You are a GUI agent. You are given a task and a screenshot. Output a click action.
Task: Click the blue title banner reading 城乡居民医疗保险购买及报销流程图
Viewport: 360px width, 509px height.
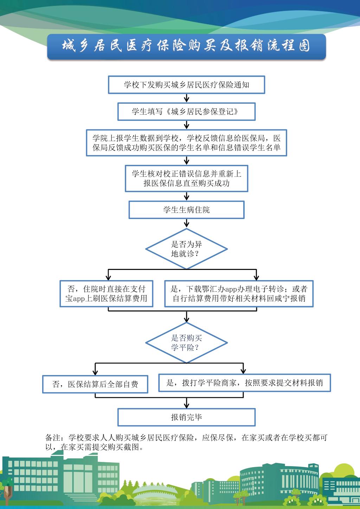[x=186, y=47]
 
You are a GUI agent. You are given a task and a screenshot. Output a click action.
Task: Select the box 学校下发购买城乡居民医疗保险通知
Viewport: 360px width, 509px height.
[x=186, y=85]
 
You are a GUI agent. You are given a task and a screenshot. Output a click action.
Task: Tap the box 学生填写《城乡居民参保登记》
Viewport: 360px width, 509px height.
[x=186, y=111]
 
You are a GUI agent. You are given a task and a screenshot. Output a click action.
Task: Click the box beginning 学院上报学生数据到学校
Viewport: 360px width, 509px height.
[x=186, y=143]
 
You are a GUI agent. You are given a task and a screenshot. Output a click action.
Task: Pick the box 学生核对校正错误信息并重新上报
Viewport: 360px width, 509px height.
[x=186, y=179]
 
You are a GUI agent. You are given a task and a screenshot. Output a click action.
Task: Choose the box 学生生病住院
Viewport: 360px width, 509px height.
[x=186, y=210]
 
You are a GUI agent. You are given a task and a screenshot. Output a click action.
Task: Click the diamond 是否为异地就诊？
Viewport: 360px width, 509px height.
[x=186, y=249]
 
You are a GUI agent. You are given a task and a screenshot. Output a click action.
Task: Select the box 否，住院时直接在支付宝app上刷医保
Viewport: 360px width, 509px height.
[x=107, y=294]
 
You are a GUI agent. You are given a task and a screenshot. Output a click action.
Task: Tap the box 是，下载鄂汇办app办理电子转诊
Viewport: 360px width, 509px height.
[x=239, y=294]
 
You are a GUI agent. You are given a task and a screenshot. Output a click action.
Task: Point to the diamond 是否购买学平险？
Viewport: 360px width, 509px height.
[x=186, y=343]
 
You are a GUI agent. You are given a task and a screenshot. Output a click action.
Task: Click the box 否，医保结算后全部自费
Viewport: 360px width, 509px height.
[x=95, y=384]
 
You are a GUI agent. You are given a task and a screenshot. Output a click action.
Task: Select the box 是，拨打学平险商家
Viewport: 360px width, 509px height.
[x=245, y=383]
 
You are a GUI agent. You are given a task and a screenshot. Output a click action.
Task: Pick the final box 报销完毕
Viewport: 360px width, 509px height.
[x=186, y=417]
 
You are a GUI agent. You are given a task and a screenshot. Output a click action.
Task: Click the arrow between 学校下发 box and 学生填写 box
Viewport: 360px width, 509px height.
[x=186, y=98]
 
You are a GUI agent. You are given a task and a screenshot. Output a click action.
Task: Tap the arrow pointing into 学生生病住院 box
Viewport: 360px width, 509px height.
[x=186, y=196]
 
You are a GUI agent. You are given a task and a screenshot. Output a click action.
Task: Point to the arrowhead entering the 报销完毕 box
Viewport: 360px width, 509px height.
[x=186, y=406]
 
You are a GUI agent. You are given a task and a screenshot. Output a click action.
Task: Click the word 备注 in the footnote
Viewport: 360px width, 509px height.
[x=53, y=437]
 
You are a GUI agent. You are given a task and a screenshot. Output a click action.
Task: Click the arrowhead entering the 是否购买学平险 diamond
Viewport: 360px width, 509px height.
[x=186, y=320]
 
